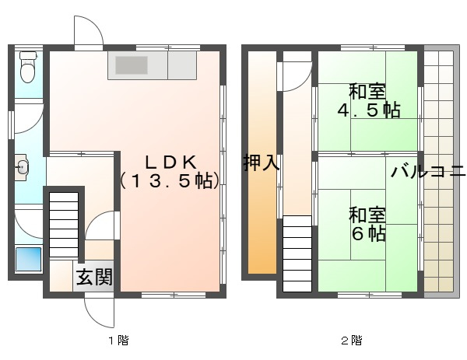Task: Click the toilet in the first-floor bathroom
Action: (x=28, y=67)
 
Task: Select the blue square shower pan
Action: (x=28, y=259)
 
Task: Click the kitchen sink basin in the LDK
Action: (x=132, y=65)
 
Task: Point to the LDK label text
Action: (x=170, y=163)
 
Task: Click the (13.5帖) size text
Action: (x=170, y=180)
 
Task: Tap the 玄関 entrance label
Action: (x=94, y=278)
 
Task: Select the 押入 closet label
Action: (x=262, y=163)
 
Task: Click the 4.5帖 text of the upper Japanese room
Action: (x=369, y=110)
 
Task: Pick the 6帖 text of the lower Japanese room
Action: (x=369, y=235)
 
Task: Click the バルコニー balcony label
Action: (x=428, y=172)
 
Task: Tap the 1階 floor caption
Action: (x=118, y=340)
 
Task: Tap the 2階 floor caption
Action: (x=352, y=340)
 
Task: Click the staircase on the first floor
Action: (x=64, y=225)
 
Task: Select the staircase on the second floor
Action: (x=297, y=253)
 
